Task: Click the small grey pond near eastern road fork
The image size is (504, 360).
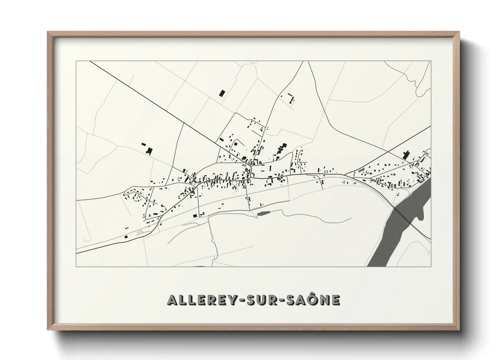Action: coord(361,169)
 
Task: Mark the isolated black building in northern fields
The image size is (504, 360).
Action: coord(222,93)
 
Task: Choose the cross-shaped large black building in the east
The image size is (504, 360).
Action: coord(405,155)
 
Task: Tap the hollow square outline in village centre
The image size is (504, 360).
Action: coord(234,183)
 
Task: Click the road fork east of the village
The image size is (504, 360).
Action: coord(345,175)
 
